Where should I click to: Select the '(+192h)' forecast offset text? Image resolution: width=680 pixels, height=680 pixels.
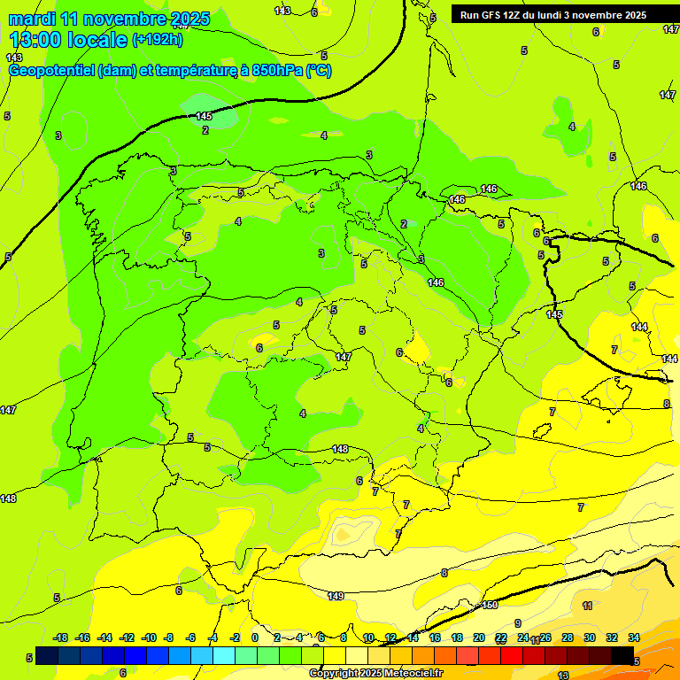coord(158,40)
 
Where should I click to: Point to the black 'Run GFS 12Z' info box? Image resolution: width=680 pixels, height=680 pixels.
coord(563,15)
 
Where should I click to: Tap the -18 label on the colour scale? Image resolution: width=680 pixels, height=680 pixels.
coord(61,637)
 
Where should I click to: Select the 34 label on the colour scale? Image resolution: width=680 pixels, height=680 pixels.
coord(633,637)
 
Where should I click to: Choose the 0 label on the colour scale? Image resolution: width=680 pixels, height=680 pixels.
coord(255,637)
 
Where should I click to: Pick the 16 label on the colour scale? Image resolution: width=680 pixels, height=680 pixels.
coord(435,637)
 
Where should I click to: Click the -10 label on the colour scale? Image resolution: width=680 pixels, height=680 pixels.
coord(148,637)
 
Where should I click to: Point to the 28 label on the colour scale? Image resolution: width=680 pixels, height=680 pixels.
coord(567,637)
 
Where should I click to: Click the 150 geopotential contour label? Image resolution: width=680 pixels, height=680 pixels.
coord(490,606)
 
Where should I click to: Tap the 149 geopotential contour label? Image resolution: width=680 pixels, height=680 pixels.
coord(336,597)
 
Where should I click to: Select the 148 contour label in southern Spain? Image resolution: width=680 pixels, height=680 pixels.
coord(340,450)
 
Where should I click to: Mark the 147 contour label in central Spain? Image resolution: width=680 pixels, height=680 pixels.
coord(344,357)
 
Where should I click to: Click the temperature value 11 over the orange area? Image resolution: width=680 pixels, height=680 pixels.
coord(587,606)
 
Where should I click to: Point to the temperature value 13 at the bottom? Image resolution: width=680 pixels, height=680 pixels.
coord(563,675)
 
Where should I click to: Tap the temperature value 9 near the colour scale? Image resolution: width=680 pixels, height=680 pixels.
coord(518,623)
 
